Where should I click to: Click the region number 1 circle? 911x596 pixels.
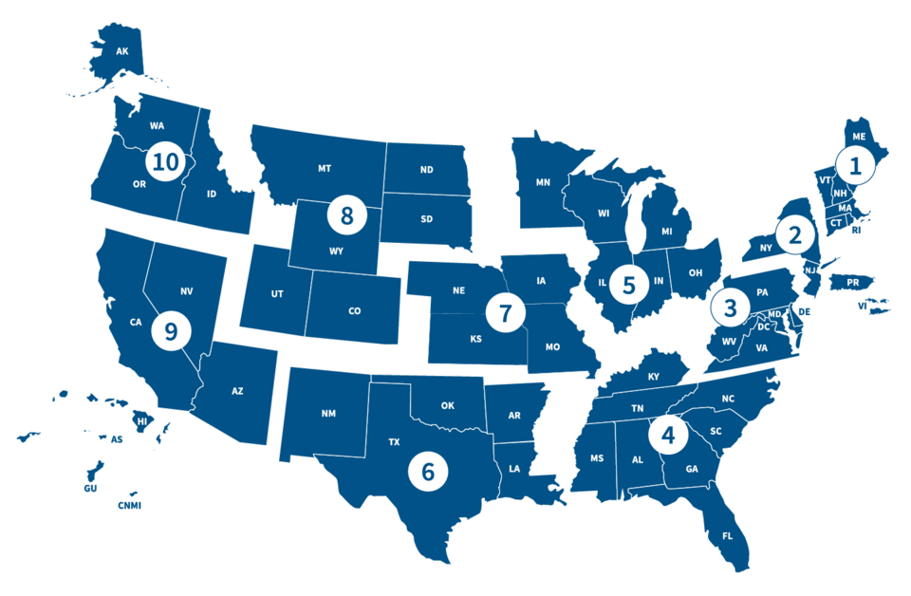point(856,167)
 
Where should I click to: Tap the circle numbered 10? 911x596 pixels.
point(165,161)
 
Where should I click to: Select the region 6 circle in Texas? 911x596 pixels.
point(428,471)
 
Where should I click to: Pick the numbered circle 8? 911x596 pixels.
point(346,215)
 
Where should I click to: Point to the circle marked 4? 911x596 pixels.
point(669,436)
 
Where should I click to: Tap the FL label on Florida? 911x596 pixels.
point(728,536)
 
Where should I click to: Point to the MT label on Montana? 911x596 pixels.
point(325,168)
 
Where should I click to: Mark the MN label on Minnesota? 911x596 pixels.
point(543,181)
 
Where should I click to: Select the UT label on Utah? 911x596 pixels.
point(277,294)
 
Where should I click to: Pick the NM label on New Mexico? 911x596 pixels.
point(328,413)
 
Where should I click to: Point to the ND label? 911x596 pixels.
point(426,172)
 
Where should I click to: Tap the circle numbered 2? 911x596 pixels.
point(794,233)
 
